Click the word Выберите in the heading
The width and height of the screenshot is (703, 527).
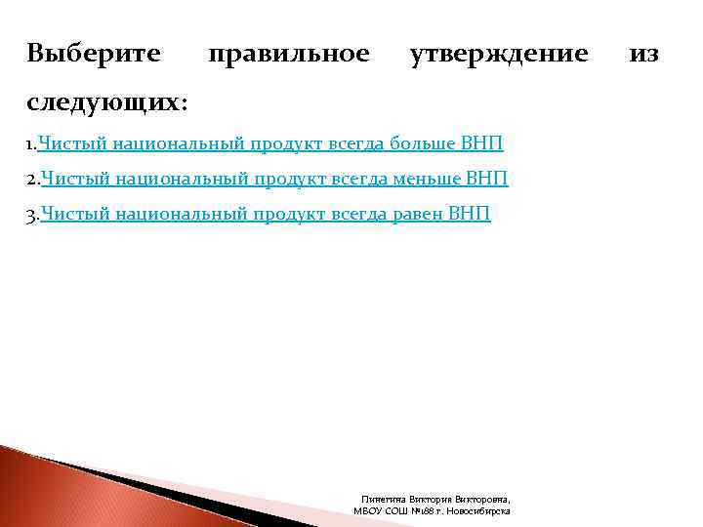94,53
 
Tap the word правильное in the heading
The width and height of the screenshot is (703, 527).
289,53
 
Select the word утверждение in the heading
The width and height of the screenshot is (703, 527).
499,53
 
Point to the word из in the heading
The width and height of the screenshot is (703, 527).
644,53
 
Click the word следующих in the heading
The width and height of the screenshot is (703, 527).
103,101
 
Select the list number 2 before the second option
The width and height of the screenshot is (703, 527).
31,181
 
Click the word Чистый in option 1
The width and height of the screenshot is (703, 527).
72,145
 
